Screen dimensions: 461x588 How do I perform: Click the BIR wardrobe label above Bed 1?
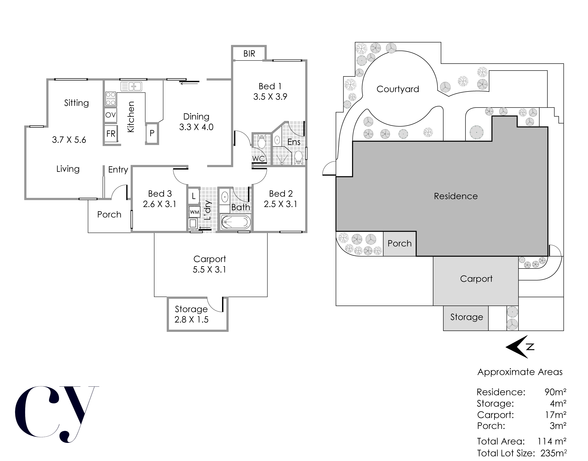pyautogui.click(x=249, y=54)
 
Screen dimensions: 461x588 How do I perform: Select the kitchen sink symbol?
pyautogui.click(x=131, y=86)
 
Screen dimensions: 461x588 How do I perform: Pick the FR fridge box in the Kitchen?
pyautogui.click(x=111, y=134)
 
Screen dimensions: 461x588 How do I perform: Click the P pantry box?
pyautogui.click(x=152, y=133)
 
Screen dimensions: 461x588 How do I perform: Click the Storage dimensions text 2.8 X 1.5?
pyautogui.click(x=191, y=320)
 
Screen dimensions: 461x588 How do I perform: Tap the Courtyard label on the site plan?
pyautogui.click(x=398, y=89)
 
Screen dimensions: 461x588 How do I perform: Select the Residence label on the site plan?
pyautogui.click(x=456, y=196)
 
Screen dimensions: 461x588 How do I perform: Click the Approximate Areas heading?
pyautogui.click(x=520, y=372)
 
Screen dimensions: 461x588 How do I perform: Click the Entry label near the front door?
pyautogui.click(x=118, y=169)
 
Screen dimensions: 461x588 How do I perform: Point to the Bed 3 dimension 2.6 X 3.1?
pyautogui.click(x=160, y=204)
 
